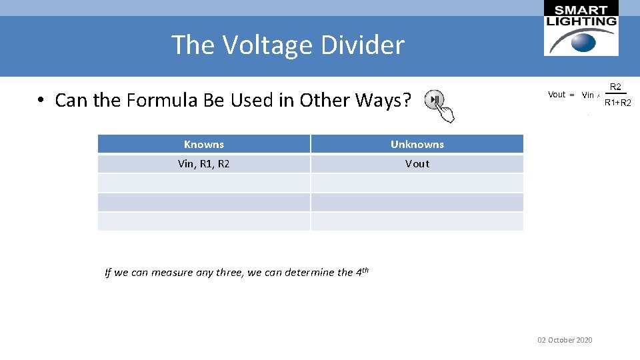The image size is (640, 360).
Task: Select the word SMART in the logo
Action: [581, 9]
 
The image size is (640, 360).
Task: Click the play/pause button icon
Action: [435, 100]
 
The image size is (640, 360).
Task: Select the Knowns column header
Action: [204, 144]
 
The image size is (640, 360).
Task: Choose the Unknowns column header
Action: [417, 144]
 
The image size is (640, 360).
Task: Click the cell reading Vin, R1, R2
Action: [204, 163]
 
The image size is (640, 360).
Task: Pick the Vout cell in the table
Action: [417, 163]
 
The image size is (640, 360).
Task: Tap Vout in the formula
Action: [557, 95]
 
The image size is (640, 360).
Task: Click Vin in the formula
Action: [588, 95]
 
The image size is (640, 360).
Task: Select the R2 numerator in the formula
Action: [616, 87]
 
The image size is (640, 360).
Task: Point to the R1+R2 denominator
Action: [617, 103]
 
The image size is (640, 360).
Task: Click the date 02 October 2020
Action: [565, 340]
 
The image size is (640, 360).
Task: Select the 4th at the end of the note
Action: [362, 271]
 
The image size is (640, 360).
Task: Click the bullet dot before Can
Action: [41, 101]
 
